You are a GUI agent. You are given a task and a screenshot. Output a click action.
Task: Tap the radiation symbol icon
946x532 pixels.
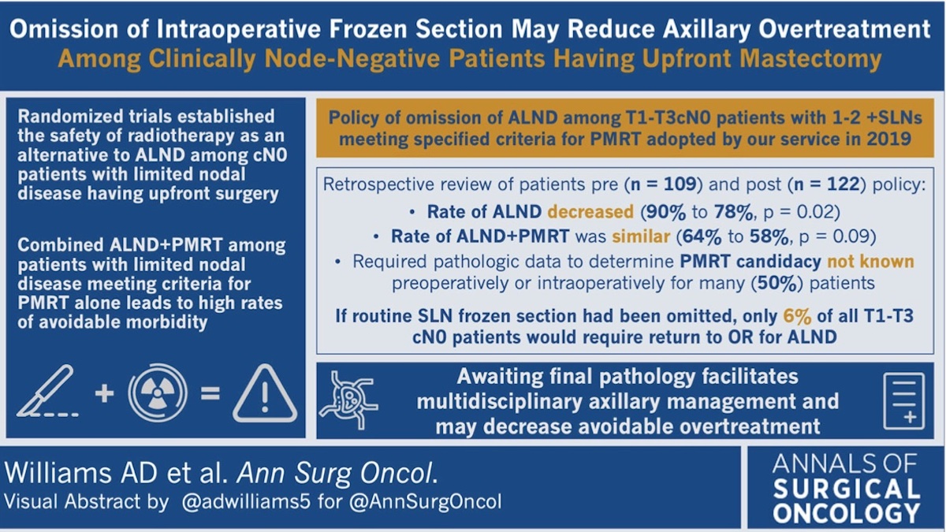pyautogui.click(x=158, y=392)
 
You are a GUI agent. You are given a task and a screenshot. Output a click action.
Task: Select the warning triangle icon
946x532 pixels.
pyautogui.click(x=265, y=393)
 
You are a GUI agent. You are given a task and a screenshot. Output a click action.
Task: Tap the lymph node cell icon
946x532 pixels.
pyautogui.click(x=348, y=400)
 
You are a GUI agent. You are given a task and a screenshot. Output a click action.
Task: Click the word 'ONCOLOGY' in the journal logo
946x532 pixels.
pyautogui.click(x=846, y=512)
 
